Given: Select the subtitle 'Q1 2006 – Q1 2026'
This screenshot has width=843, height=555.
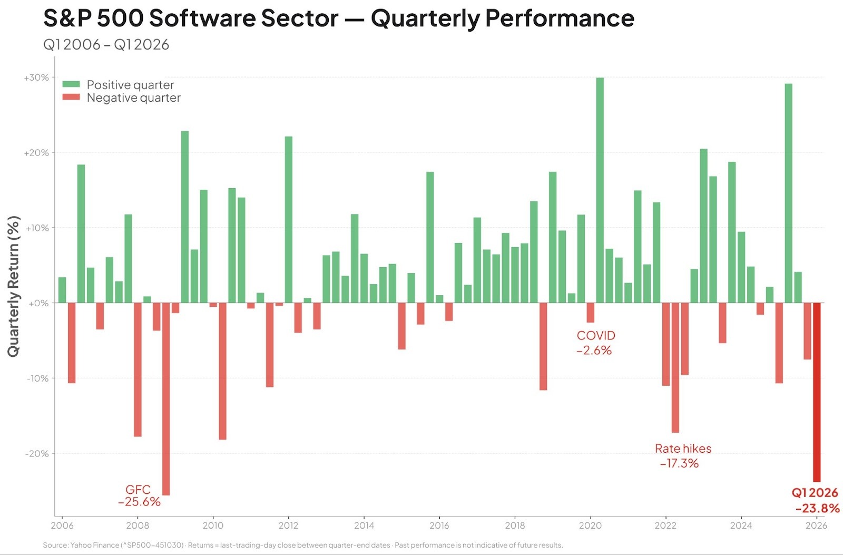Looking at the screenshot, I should (106, 45).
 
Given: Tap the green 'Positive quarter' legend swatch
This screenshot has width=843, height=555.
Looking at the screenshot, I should (71, 84).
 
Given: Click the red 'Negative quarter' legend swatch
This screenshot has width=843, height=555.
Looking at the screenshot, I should (71, 97).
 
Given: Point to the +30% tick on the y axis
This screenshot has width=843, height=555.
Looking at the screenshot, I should (36, 77).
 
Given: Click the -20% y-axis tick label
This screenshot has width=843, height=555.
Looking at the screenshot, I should (37, 454).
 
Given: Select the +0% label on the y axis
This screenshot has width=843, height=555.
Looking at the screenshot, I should (38, 304).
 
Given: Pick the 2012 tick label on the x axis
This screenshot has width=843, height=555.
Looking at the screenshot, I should (288, 525).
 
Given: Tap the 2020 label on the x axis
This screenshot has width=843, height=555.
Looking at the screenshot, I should (590, 525).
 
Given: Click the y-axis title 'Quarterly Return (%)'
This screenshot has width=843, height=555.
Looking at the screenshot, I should (13, 286).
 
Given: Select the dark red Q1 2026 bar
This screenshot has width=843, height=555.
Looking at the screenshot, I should (817, 392).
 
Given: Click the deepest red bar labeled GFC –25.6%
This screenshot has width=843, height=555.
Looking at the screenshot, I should (166, 399).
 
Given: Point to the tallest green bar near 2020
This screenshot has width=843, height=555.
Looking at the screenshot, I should (600, 190).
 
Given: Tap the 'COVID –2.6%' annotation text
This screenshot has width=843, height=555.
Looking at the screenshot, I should (595, 343).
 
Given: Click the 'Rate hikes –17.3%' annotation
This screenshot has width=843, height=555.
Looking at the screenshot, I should (682, 456).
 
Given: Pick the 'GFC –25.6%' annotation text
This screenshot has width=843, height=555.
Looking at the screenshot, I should (139, 496).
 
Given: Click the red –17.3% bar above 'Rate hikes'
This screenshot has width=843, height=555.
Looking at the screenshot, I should (675, 367).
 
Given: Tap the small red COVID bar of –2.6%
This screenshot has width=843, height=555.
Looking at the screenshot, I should (590, 313).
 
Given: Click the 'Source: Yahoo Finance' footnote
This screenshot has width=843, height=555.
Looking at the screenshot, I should (302, 545).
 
